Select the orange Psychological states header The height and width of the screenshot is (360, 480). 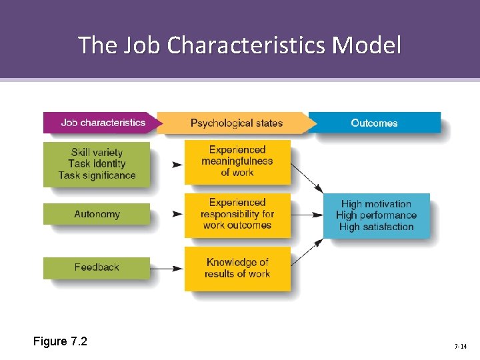[x=236, y=123]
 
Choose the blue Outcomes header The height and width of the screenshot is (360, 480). [x=374, y=123]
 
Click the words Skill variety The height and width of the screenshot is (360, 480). [x=97, y=152]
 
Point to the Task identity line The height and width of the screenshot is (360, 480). [x=97, y=163]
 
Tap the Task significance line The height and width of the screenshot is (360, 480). [x=97, y=175]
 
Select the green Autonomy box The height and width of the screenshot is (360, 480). [x=97, y=214]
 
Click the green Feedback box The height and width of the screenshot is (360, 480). [x=97, y=267]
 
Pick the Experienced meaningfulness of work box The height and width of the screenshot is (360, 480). [x=237, y=161]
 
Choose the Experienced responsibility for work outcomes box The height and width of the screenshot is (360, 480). [x=237, y=214]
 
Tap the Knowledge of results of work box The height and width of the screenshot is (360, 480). [x=237, y=268]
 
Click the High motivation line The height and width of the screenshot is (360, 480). [x=376, y=204]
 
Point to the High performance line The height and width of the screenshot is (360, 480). [x=376, y=215]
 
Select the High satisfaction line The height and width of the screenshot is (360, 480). [x=376, y=227]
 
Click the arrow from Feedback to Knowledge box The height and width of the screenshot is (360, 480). [x=167, y=268]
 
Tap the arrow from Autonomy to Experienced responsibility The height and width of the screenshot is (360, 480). [x=177, y=214]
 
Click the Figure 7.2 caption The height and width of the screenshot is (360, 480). [x=60, y=342]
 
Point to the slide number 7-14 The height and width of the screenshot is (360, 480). [x=460, y=347]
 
